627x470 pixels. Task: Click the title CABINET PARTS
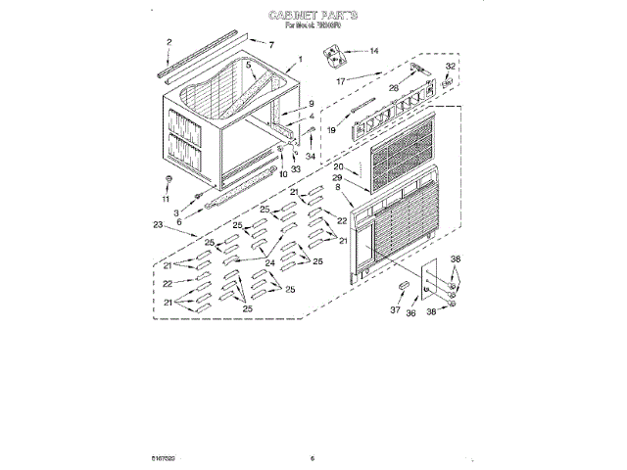point(313,16)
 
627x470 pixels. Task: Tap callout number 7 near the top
point(270,45)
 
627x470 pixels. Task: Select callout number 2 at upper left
point(168,42)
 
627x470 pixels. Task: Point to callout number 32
point(450,67)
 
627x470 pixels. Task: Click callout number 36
point(411,313)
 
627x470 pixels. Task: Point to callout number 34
point(312,157)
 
